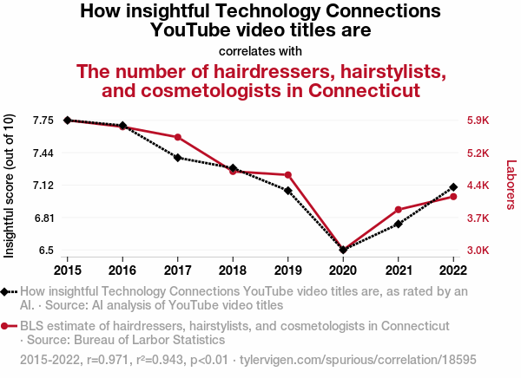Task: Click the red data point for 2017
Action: [177, 137]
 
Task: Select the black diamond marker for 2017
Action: [177, 158]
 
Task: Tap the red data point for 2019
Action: [287, 175]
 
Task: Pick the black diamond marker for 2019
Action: [287, 191]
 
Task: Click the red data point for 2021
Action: [398, 210]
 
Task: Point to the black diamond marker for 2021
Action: [398, 224]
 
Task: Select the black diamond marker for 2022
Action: [453, 187]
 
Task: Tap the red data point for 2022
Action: [453, 197]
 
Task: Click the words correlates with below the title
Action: [260, 49]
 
